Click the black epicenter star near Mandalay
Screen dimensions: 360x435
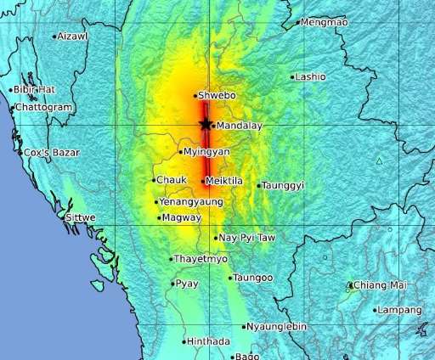tap(206, 124)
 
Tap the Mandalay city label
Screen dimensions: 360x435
tap(234, 126)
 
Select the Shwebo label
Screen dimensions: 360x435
tap(216, 96)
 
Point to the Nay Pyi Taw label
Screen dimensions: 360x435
tap(243, 238)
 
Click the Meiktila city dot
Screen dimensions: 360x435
tap(203, 182)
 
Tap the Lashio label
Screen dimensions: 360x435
tap(311, 76)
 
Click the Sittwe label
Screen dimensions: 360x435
tap(81, 217)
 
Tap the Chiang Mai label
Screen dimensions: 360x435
tap(376, 285)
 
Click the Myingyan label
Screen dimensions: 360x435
tap(207, 152)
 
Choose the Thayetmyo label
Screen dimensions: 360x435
tap(200, 258)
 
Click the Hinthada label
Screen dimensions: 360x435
tap(208, 341)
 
